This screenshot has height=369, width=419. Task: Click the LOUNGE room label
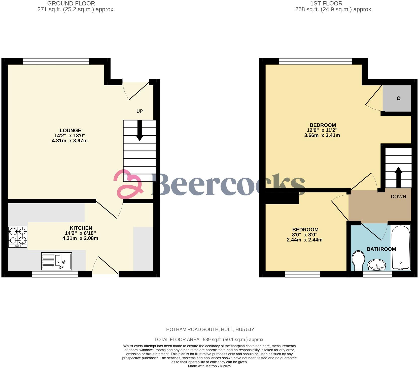[70, 131]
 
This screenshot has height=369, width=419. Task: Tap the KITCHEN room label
[81, 228]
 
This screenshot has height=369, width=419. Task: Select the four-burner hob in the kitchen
[18, 237]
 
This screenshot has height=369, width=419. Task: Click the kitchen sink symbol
[57, 261]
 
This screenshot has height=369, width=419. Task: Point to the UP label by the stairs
[139, 111]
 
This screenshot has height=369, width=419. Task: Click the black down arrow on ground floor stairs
[139, 131]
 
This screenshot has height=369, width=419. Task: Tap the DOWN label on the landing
[398, 197]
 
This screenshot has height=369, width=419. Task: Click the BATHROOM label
[381, 249]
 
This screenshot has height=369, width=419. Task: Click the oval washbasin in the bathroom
[377, 265]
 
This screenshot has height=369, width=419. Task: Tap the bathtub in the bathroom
[401, 248]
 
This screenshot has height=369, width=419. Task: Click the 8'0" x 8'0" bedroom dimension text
[305, 235]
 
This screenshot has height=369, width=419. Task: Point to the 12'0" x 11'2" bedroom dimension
[322, 130]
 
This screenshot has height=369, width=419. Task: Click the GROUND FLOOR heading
[71, 4]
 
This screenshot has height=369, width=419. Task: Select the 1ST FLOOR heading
[326, 4]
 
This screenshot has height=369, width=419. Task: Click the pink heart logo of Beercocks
[128, 184]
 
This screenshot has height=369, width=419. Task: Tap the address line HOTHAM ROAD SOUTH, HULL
[210, 330]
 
